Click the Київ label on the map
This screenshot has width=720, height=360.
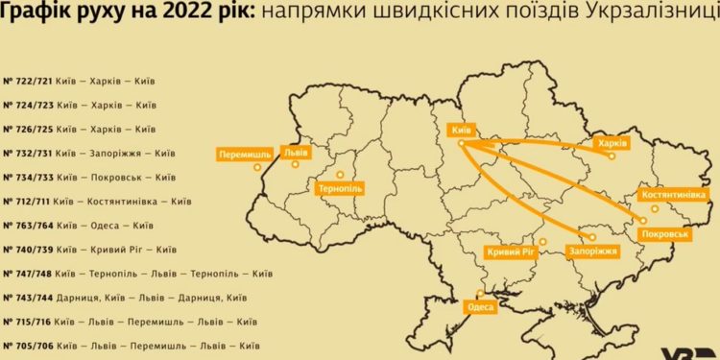(461, 129)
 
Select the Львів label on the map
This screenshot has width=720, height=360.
(295, 152)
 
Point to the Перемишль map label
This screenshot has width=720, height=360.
(244, 154)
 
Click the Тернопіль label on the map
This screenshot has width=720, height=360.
(339, 190)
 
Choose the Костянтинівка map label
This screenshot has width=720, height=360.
(673, 195)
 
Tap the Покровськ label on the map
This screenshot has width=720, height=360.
(664, 232)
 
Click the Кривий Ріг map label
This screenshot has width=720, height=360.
(511, 251)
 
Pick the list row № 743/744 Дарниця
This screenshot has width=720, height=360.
(125, 298)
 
